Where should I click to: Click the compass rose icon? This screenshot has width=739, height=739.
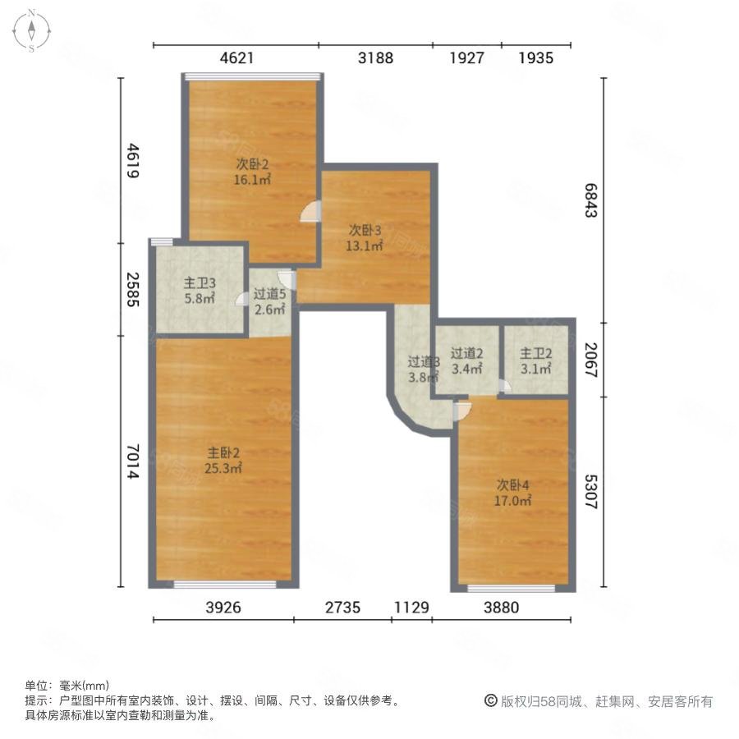[31, 30]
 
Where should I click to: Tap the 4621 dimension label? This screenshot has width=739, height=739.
[236, 58]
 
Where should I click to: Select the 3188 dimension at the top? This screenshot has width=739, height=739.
[375, 58]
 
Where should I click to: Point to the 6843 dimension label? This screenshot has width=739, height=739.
[591, 200]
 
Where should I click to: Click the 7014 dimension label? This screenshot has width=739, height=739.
[133, 461]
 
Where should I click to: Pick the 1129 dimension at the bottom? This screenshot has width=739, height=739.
[411, 607]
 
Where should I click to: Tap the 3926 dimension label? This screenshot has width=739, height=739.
[223, 607]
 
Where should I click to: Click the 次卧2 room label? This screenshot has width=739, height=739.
[252, 164]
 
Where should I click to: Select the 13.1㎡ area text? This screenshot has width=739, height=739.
[365, 246]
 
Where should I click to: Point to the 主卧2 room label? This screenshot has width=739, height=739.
[223, 453]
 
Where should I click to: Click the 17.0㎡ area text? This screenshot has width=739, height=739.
[512, 500]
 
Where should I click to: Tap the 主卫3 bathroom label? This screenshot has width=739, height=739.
[200, 282]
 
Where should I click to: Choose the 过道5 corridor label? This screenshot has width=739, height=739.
[269, 294]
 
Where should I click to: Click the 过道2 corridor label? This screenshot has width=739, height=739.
[466, 353]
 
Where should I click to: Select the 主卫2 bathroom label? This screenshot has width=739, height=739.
[536, 353]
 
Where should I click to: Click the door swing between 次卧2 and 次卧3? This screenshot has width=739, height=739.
[311, 211]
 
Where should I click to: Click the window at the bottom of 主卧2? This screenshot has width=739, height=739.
[225, 585]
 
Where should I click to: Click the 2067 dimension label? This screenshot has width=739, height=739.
[591, 360]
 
